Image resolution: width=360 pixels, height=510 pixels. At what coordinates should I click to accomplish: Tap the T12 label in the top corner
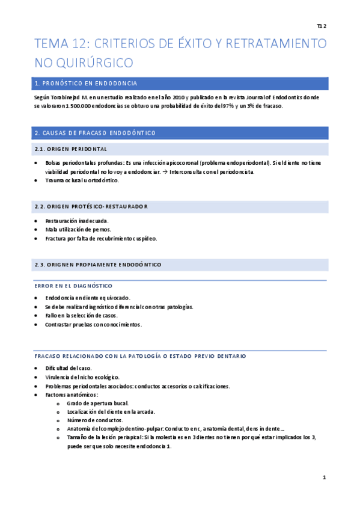tap(321, 26)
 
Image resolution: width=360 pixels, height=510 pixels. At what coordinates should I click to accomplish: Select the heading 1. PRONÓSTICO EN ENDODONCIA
tap(87, 84)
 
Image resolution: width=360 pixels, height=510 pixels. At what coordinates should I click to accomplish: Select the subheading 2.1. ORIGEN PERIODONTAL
tap(71, 149)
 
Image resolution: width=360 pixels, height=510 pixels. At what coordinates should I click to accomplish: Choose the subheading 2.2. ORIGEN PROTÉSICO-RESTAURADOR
tap(91, 206)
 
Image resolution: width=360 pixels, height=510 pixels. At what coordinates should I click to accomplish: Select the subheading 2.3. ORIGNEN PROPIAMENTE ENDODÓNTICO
tap(97, 265)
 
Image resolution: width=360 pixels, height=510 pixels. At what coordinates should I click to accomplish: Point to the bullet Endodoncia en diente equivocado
tap(87, 298)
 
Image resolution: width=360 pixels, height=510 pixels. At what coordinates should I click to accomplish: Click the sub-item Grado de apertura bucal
tap(98, 403)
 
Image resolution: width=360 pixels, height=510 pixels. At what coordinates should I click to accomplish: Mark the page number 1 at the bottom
tap(324, 478)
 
